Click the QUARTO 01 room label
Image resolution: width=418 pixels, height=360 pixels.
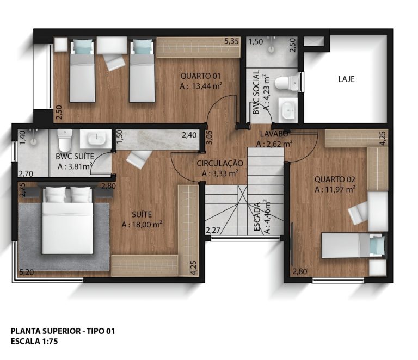click(x=200, y=76)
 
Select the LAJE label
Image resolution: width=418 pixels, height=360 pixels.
click(x=346, y=79)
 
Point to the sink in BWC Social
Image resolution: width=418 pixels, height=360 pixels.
click(x=288, y=109)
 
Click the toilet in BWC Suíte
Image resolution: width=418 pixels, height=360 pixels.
click(x=65, y=140)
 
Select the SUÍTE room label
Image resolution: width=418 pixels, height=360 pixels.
click(x=142, y=214)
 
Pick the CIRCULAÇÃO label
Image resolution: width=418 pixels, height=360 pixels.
click(x=220, y=163)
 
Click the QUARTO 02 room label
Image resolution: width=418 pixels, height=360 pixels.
click(x=335, y=179)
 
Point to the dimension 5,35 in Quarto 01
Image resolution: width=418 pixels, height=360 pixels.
click(x=231, y=41)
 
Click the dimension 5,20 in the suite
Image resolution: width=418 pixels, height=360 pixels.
click(x=26, y=272)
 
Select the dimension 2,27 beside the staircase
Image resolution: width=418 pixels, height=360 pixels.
click(x=213, y=231)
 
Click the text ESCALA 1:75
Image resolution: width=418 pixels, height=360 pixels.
click(x=34, y=341)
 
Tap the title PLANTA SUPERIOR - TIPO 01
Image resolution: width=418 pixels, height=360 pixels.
click(x=63, y=331)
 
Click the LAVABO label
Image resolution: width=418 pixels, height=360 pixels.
click(x=274, y=134)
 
